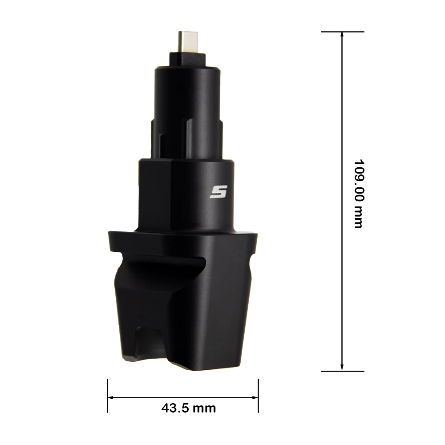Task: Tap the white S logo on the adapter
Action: [x=218, y=192]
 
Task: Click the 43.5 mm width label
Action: [x=188, y=408]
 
